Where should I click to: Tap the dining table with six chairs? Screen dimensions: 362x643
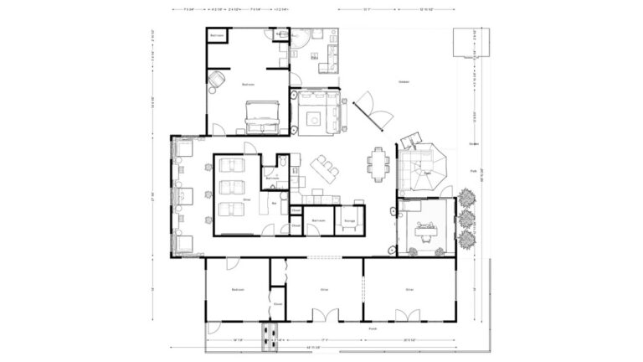(381, 163)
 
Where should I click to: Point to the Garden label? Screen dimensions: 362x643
(404, 81)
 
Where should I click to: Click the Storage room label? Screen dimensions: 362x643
(349, 221)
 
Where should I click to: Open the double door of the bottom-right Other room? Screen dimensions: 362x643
(408, 316)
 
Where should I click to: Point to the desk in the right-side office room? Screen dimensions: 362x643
(425, 225)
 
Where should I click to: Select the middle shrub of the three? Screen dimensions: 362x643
(466, 219)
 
